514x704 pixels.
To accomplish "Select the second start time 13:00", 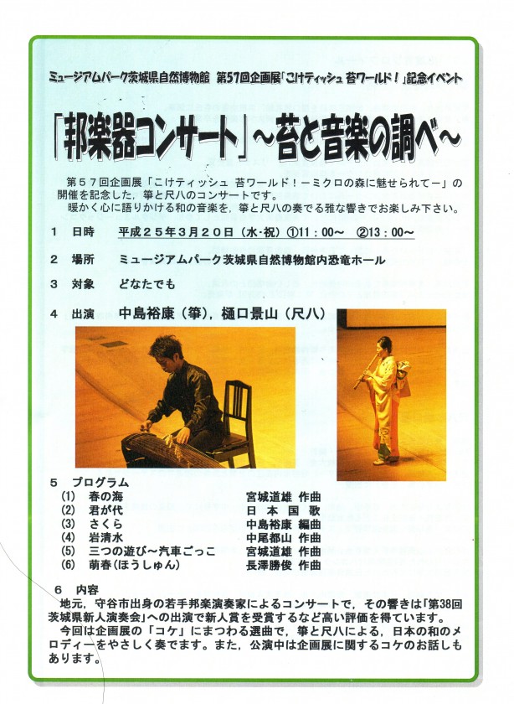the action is [x=391, y=232].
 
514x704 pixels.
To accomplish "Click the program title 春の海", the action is [x=105, y=496].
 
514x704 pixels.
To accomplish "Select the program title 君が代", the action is [x=105, y=510].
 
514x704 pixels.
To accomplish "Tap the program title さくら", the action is [x=105, y=524].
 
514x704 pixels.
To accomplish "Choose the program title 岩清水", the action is [x=105, y=537].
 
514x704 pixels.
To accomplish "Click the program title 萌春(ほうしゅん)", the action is [x=134, y=565].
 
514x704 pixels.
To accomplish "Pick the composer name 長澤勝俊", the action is [x=269, y=565].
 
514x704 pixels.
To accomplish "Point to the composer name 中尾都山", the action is [x=269, y=537].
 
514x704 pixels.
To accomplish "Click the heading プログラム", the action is [x=100, y=483].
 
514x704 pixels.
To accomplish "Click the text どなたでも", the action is [x=147, y=284].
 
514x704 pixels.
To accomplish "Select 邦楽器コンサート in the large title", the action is [x=151, y=139].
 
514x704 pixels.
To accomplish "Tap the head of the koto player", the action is [x=167, y=354].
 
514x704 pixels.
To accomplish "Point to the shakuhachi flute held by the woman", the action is [x=365, y=370].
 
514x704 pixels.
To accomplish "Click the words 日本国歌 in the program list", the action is [x=284, y=510].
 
